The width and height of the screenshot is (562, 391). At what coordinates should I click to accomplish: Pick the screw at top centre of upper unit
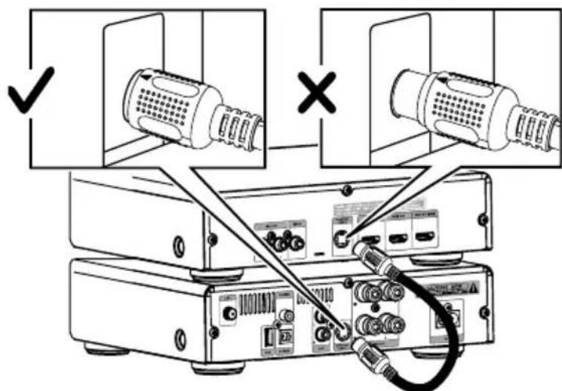pos(345,189)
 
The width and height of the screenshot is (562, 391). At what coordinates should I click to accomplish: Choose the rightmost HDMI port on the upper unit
pos(421,237)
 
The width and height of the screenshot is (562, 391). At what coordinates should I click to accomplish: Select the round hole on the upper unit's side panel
pos(179,246)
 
